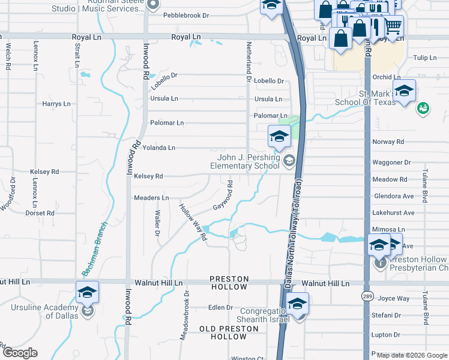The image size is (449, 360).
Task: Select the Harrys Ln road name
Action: tap(56, 104)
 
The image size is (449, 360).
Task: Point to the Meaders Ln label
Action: tap(151, 197)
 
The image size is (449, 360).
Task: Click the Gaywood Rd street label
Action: tap(222, 197)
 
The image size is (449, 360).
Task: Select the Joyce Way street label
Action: tap(394, 298)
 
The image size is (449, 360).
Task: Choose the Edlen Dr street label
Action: tap(220, 307)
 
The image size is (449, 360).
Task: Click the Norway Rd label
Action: tap(388, 142)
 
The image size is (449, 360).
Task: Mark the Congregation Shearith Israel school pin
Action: tap(297, 304)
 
